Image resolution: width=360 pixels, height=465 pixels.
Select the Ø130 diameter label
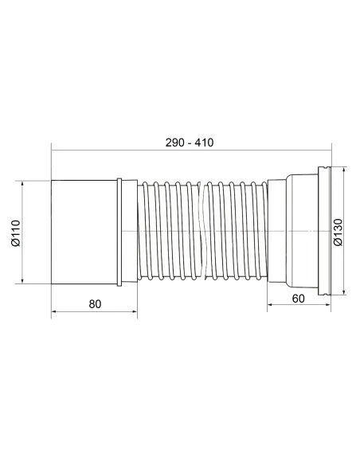pyautogui.click(x=337, y=232)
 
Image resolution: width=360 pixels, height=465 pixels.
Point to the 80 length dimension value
pyautogui.click(x=95, y=303)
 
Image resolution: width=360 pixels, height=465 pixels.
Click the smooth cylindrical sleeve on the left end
pyautogui.click(x=84, y=231)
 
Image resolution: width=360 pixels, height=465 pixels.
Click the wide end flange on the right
pyautogui.click(x=323, y=232)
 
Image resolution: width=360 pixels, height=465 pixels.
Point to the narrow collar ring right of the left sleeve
pyautogui.click(x=119, y=231)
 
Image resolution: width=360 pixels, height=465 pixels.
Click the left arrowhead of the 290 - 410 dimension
pyautogui.click(x=54, y=148)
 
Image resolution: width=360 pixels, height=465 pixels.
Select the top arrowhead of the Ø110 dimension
pyautogui.click(x=24, y=182)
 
